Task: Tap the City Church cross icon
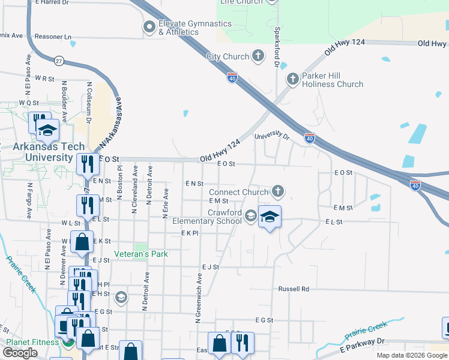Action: tap(258, 56)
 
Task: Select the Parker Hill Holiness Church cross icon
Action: tap(292, 79)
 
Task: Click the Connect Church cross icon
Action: tap(277, 192)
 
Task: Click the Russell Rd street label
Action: tap(294, 289)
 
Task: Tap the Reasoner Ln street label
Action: tap(53, 37)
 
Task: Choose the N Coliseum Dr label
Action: tap(89, 103)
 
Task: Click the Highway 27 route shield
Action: tap(58, 60)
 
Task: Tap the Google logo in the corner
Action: tap(19, 353)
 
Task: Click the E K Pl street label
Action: tap(190, 233)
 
